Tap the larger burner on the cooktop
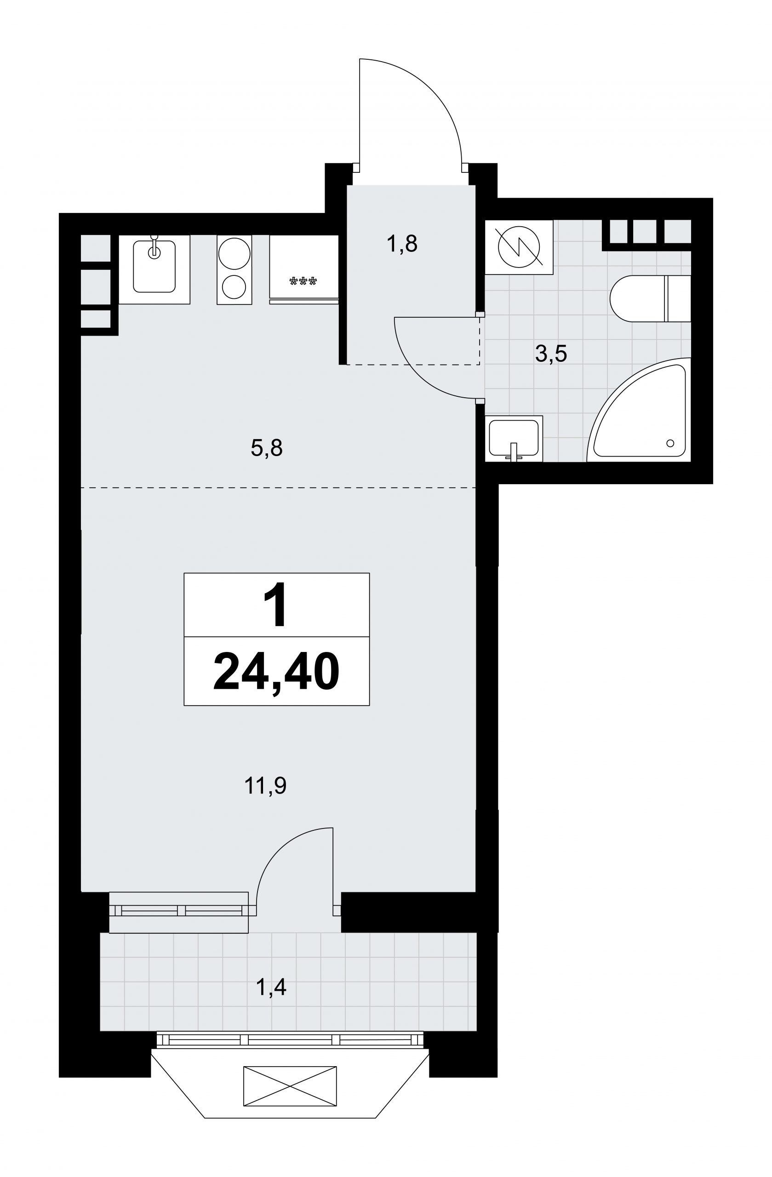(x=234, y=253)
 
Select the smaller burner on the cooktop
(x=234, y=286)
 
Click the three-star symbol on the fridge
(x=303, y=281)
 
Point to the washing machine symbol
(x=519, y=247)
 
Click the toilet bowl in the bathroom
(x=637, y=299)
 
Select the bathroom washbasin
(x=514, y=438)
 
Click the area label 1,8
(x=402, y=244)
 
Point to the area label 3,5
(x=550, y=354)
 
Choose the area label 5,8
(x=267, y=448)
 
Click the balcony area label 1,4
(x=271, y=987)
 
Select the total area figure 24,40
(x=276, y=671)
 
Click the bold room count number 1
(x=275, y=604)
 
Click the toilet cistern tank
(x=678, y=299)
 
